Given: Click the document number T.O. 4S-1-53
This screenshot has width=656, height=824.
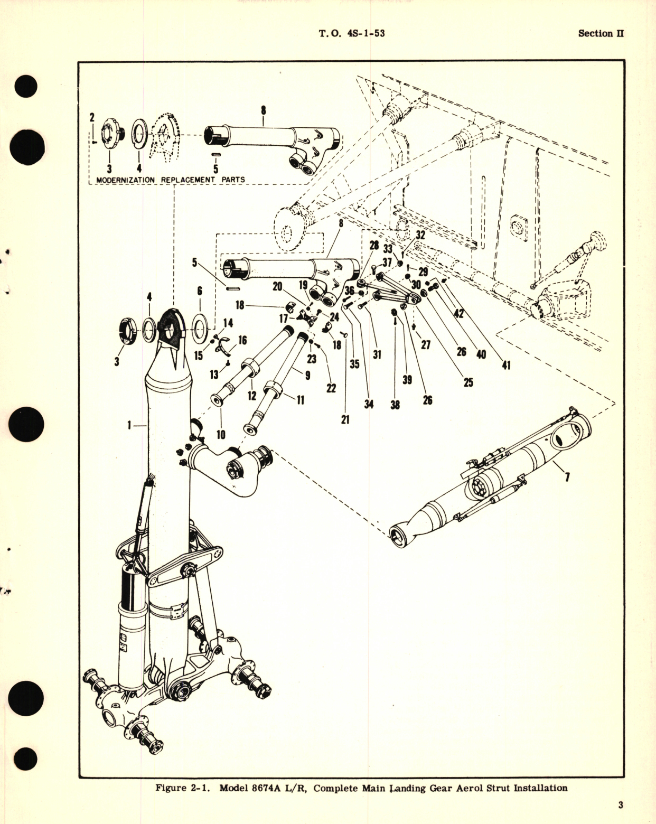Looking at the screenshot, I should [x=351, y=33].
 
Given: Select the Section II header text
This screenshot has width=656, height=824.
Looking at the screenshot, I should [x=601, y=33].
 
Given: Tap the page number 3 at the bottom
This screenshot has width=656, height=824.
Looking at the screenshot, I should [x=621, y=805].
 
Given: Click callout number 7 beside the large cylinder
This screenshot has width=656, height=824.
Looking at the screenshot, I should [x=567, y=478].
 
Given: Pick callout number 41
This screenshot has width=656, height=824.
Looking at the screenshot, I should [x=506, y=365].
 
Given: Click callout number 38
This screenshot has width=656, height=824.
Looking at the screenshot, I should [x=395, y=405].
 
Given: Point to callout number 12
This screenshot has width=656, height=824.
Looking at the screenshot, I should [x=251, y=395].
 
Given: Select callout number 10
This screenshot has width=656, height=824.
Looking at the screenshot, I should [x=221, y=434].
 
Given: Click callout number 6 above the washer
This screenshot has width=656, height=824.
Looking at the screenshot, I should [x=199, y=291].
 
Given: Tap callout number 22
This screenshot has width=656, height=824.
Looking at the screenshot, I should [x=331, y=388].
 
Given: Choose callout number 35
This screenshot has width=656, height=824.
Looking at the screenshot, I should [x=354, y=364].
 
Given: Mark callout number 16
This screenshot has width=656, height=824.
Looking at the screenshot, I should [x=242, y=340].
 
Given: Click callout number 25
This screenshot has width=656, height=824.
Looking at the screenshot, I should [x=468, y=382].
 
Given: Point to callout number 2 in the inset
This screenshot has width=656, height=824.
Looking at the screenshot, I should [x=91, y=118].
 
